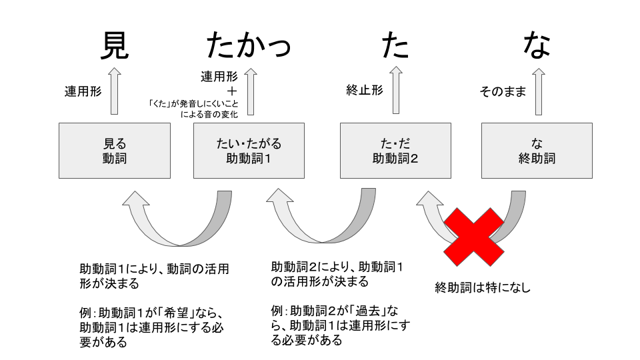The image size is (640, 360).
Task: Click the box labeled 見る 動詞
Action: click(x=114, y=151)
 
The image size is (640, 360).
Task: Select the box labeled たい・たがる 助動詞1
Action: click(x=249, y=151)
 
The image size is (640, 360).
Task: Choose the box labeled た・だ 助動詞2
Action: click(x=395, y=151)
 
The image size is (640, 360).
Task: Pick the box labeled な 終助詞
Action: click(x=537, y=151)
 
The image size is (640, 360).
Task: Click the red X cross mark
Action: click(x=474, y=234)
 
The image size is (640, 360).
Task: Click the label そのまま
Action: click(x=503, y=91)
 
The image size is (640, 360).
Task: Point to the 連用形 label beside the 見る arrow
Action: click(x=83, y=91)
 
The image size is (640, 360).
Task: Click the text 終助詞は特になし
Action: click(x=483, y=288)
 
